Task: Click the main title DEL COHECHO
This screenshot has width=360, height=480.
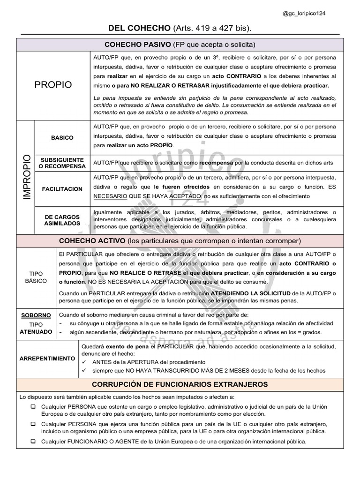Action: point(137,29)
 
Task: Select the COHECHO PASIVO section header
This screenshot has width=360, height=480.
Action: point(180,45)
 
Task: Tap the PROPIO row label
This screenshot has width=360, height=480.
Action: point(54,85)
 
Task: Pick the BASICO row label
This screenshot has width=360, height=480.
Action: point(62,138)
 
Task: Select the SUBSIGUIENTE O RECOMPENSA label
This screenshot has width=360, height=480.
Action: point(62,163)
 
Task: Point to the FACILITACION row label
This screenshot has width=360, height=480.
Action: point(62,189)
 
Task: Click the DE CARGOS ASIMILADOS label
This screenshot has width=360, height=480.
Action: point(62,220)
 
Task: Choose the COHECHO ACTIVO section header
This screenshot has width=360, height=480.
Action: point(180,241)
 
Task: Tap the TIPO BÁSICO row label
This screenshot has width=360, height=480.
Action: point(36,277)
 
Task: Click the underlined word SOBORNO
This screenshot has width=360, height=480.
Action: point(36,315)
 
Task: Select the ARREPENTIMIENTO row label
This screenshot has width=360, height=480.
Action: point(47,358)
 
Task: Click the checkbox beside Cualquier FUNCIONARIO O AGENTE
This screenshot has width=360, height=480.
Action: point(33,442)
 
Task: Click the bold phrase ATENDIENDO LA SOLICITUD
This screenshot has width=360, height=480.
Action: point(249,292)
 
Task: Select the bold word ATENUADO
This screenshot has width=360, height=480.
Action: point(36,331)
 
